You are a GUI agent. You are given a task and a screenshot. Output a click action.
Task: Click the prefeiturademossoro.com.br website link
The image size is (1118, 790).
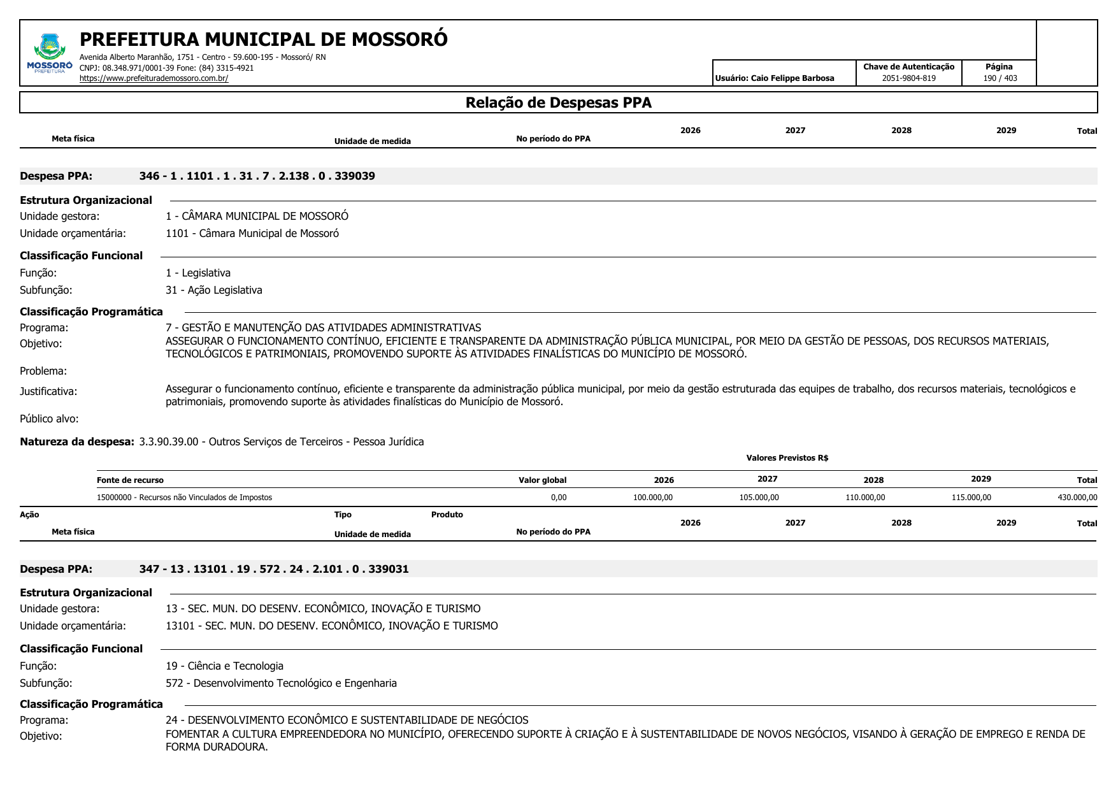point(154,78)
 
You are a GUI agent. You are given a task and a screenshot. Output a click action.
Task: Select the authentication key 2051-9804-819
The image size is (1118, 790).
point(908,78)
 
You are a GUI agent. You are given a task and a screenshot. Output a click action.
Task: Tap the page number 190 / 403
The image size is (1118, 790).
point(1000,78)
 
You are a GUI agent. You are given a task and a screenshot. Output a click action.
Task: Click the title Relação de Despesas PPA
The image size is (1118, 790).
point(558,103)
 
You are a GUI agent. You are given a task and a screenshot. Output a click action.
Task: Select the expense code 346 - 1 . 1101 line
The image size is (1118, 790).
point(257,176)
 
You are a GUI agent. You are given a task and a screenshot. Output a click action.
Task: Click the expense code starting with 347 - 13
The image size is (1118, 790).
point(274,569)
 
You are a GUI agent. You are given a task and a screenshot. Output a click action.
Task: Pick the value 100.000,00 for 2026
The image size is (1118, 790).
point(652,498)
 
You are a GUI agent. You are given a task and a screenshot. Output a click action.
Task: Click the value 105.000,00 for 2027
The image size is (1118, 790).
point(759,498)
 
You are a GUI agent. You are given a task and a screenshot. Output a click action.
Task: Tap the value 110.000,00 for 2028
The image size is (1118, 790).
point(864,498)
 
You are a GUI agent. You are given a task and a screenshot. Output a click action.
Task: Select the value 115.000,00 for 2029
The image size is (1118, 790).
point(971,498)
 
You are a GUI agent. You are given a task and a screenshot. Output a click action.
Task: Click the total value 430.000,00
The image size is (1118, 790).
point(1077,498)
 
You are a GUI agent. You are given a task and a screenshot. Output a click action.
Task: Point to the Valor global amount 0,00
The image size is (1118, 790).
point(559,498)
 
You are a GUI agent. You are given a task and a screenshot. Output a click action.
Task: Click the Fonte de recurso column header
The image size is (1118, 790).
point(130,480)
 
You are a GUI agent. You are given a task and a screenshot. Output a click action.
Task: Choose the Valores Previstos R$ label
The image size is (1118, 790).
point(787,458)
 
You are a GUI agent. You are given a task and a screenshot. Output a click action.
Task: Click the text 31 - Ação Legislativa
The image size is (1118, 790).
point(213,291)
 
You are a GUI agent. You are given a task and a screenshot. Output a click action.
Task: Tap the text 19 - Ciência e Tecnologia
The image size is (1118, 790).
point(224,666)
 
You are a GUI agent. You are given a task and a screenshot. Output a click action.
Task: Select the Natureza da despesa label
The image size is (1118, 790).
point(77,442)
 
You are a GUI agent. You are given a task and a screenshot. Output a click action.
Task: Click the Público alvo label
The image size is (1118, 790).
point(49,419)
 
